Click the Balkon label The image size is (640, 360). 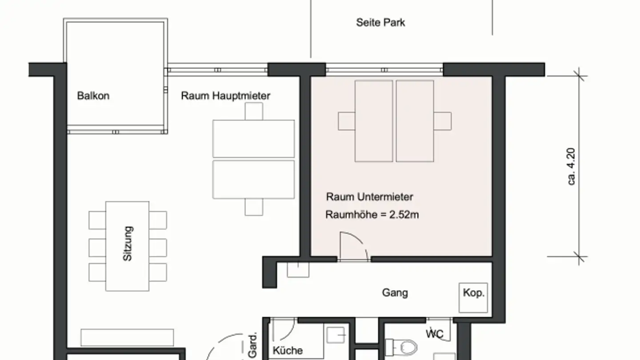[93, 96]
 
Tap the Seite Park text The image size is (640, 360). [380, 23]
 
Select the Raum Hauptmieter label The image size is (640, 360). [225, 96]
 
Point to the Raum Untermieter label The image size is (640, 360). [369, 197]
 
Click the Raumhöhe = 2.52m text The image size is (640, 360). [372, 215]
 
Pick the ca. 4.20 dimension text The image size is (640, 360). [571, 167]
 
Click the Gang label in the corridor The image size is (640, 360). [395, 293]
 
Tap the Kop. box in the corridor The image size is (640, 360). [473, 298]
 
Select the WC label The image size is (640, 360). [435, 334]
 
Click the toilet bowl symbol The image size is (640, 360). [402, 348]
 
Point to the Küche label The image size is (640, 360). [288, 351]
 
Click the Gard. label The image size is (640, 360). [252, 345]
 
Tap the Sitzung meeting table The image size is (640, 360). [127, 246]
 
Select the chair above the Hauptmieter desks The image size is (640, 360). [254, 112]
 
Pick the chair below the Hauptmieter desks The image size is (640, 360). [254, 207]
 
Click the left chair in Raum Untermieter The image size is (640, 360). [347, 121]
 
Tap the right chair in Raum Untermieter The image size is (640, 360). [443, 121]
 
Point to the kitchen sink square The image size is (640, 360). [336, 335]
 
